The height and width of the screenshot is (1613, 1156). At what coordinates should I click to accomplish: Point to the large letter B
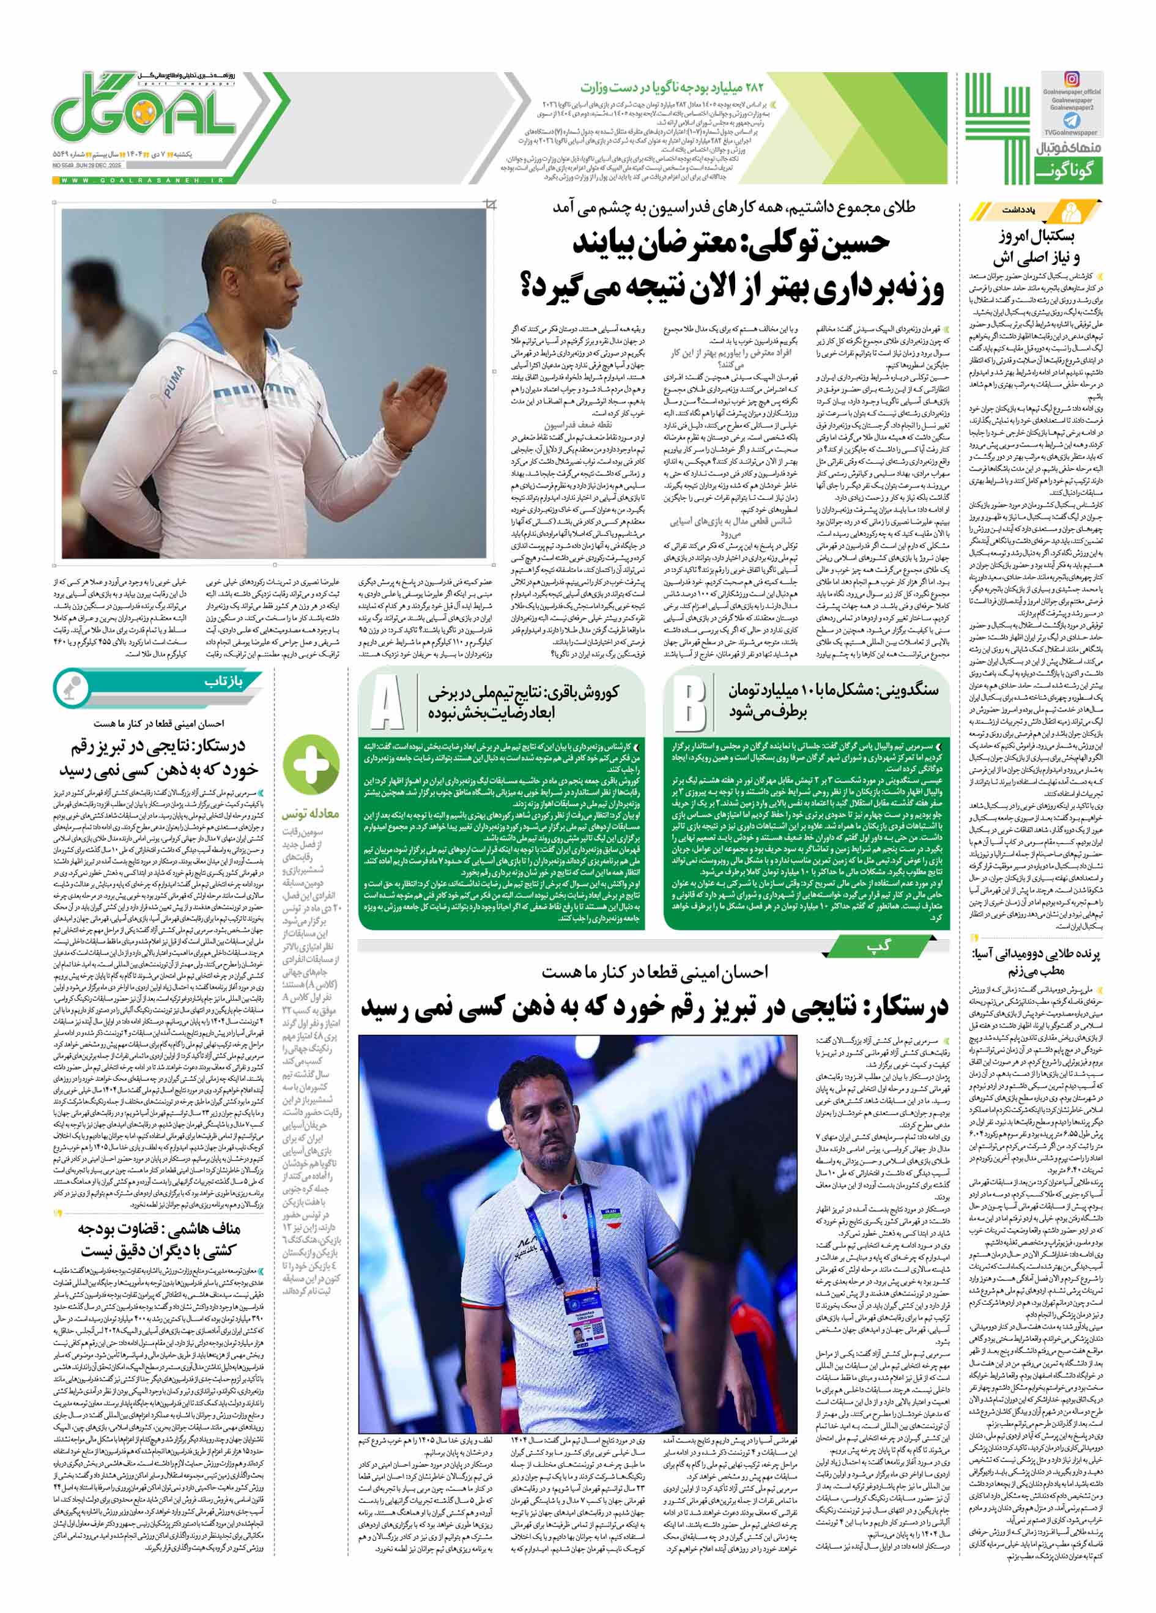689,703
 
